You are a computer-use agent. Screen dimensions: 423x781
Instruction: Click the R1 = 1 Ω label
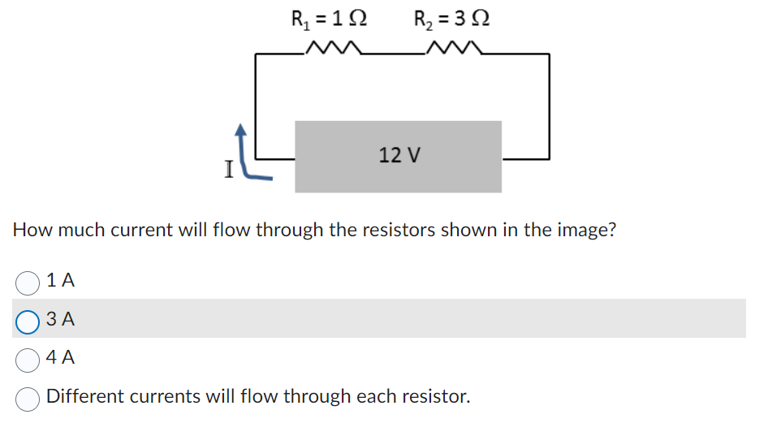point(329,18)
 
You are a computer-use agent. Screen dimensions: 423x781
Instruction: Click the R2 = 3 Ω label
point(451,18)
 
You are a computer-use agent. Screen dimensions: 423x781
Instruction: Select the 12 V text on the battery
point(399,154)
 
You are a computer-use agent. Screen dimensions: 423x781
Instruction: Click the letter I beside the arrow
point(229,170)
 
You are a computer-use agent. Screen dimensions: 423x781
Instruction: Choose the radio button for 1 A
point(28,282)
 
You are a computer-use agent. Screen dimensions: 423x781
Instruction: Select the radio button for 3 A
point(28,321)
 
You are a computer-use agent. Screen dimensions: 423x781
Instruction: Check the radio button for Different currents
point(28,398)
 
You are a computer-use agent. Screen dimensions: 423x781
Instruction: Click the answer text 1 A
point(61,281)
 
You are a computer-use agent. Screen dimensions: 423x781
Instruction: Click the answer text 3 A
point(61,320)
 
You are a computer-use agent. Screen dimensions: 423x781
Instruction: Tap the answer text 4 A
point(61,357)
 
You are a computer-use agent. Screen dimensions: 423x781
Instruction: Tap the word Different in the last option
point(84,397)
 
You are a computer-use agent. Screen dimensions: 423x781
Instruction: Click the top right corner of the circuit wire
point(549,54)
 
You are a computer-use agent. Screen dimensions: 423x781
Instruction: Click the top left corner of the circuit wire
point(257,54)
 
